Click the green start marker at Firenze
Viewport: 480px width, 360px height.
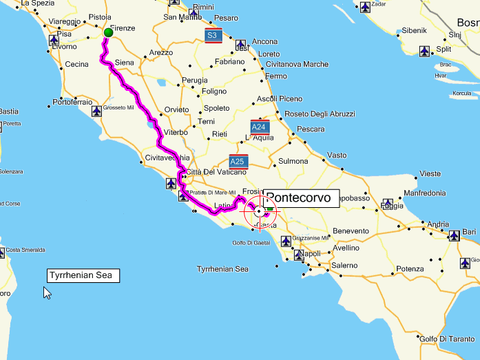[108, 32]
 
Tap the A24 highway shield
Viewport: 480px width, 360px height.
[260, 127]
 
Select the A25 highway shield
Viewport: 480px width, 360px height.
[238, 162]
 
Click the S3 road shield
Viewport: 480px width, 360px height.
[213, 35]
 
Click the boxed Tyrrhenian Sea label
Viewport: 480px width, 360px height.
[83, 275]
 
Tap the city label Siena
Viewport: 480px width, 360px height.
[124, 62]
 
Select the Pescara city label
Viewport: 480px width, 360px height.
[311, 129]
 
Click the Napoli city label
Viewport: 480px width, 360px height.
[311, 253]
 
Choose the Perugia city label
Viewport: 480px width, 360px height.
[194, 81]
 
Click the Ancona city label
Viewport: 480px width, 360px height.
[265, 42]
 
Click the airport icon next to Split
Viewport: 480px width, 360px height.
[424, 50]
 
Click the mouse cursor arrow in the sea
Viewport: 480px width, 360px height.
[47, 293]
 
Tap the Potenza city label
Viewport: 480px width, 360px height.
[410, 268]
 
